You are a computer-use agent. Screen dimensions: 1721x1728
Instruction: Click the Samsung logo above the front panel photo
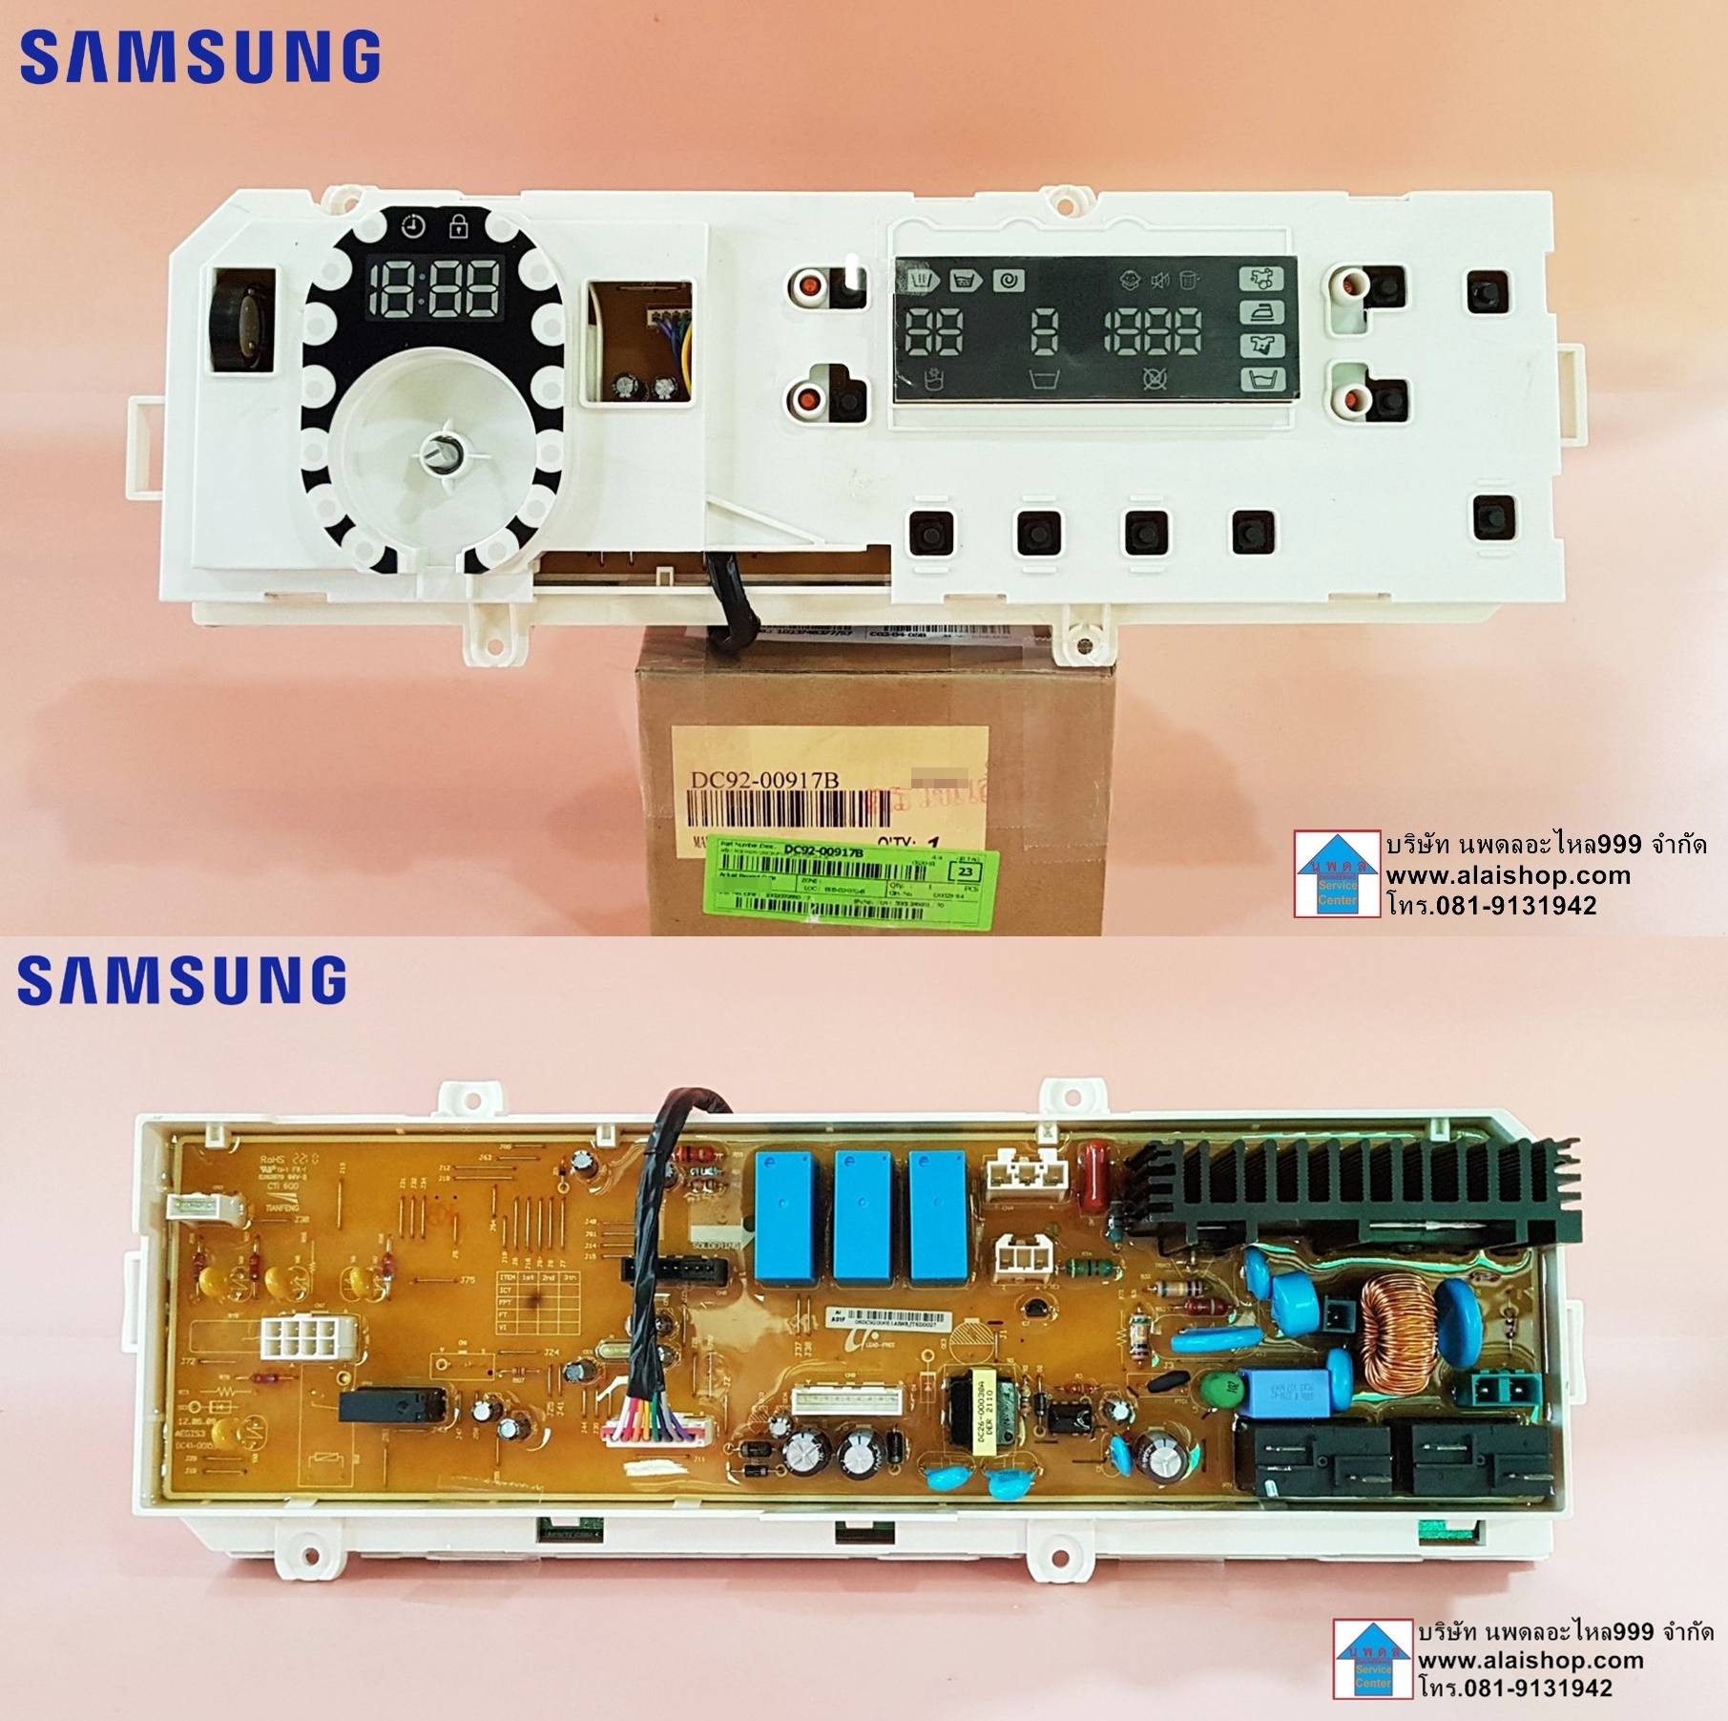pos(200,57)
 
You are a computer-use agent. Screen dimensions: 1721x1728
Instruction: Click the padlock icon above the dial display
pos(459,227)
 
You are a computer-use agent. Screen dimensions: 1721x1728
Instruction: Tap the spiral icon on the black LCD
pos(1008,281)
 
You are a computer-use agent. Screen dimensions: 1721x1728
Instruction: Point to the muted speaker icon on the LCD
pos(1159,281)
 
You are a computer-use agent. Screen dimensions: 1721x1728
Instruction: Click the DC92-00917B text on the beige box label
pos(764,780)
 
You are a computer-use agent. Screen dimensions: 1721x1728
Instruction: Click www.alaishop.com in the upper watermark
pos(1508,875)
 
